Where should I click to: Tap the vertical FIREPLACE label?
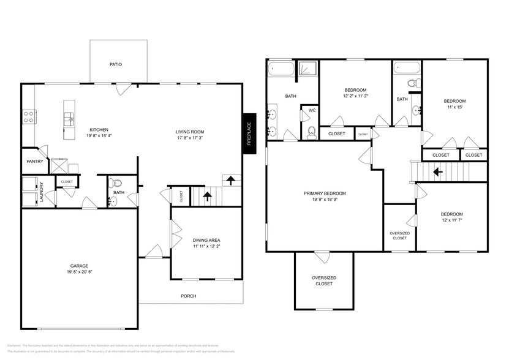coord(249,133)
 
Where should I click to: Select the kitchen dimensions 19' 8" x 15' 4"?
coord(99,137)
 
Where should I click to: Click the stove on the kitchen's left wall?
coord(28,116)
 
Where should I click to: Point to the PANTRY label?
coord(34,162)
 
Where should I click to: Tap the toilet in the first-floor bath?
coord(118,182)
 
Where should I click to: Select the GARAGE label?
coord(79,266)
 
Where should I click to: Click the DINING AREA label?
coord(206,240)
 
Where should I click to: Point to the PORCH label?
coord(188,296)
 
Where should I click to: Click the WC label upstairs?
coord(312,111)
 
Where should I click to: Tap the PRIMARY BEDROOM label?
coord(325,193)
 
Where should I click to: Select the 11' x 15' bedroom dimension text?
coord(454,107)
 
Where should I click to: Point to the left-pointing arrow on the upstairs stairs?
coord(437,172)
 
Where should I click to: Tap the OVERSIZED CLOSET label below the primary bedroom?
coord(324,280)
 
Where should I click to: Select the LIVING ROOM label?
coord(190,132)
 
